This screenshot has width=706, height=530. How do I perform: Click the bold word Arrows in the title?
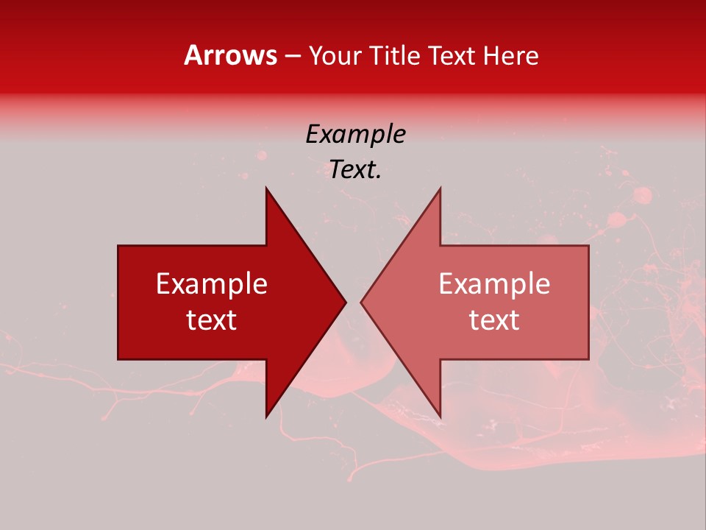tap(230, 55)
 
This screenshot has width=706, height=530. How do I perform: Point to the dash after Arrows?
tap(292, 56)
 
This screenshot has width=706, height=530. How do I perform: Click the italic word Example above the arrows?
tap(355, 134)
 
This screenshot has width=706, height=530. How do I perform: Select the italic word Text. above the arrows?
tap(355, 169)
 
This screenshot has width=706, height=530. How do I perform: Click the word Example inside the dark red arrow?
tap(212, 283)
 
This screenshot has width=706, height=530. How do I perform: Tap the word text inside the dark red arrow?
tap(212, 319)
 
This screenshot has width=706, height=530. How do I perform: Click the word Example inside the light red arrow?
tap(494, 283)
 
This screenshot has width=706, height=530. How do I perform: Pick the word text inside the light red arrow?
tap(494, 319)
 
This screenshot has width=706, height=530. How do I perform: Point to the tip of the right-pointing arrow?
tap(346, 302)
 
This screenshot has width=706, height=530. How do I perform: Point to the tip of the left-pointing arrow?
tap(360, 302)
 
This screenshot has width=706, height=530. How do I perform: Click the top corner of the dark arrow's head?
tap(266, 188)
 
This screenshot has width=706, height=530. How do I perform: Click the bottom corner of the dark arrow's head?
tap(266, 417)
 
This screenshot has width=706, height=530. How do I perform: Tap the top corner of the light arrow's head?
tap(440, 188)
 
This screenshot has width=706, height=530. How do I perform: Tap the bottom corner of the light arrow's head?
tap(440, 417)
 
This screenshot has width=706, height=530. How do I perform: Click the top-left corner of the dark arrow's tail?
tap(118, 246)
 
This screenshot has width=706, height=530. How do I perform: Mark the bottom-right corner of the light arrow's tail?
tap(588, 359)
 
